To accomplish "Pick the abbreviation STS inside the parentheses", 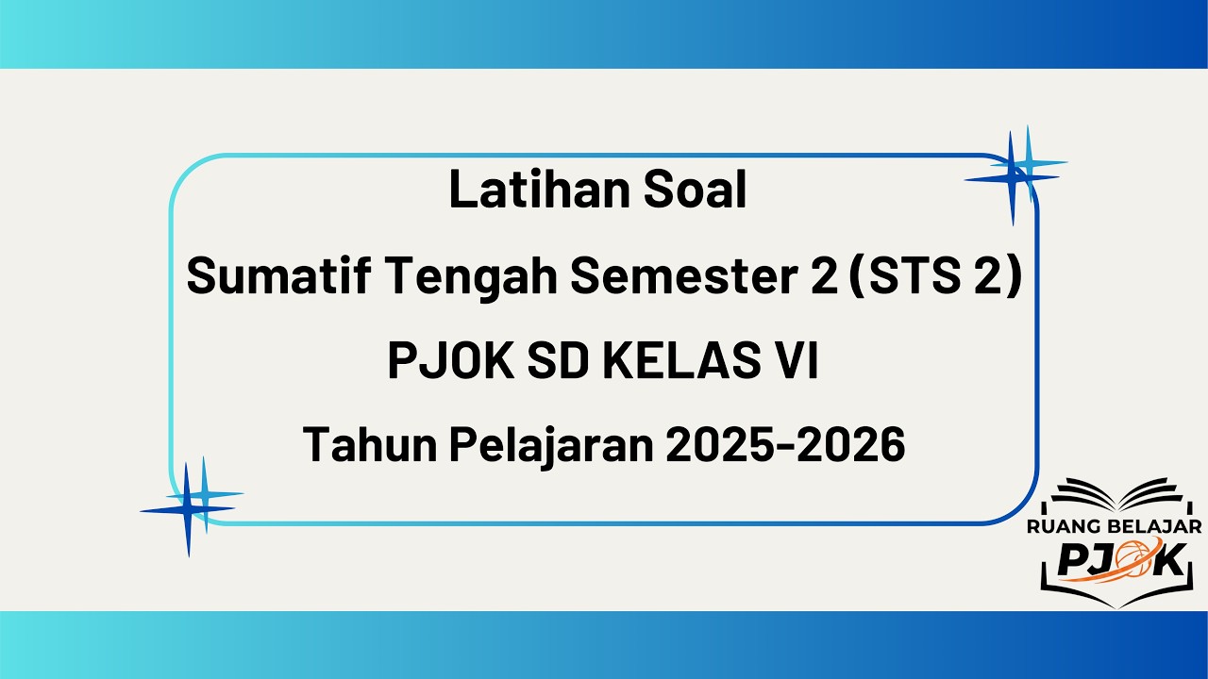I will [924, 278].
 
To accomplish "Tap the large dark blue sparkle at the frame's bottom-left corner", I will [188, 510].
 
